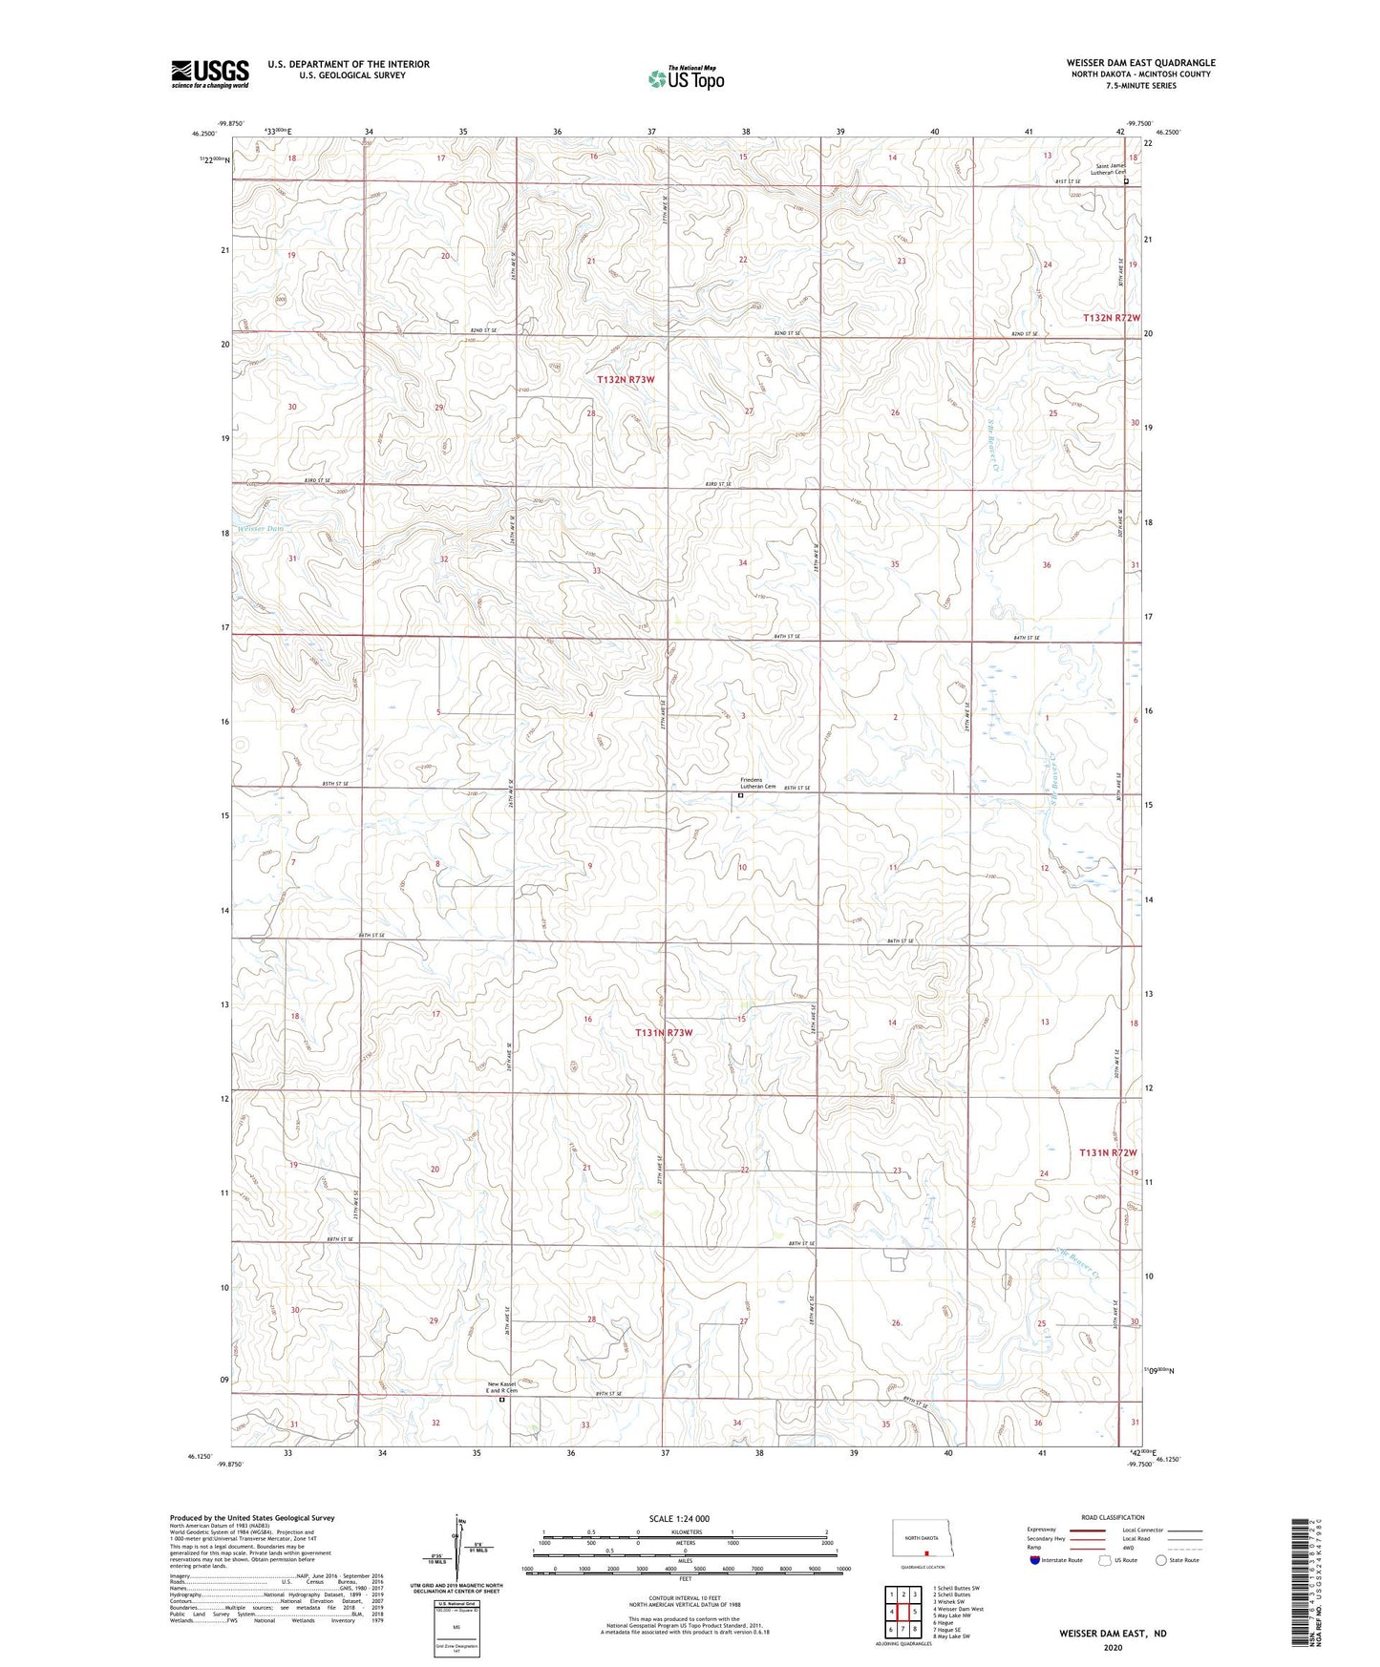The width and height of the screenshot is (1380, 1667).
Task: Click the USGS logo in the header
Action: [x=209, y=74]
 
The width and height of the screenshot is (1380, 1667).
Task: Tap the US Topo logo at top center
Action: [x=685, y=78]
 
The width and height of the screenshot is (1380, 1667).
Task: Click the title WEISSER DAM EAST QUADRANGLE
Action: [x=1140, y=63]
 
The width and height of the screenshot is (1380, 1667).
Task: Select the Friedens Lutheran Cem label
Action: [x=752, y=784]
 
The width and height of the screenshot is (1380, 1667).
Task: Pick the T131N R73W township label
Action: [x=664, y=1033]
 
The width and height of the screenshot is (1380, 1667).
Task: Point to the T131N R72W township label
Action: [x=1109, y=1153]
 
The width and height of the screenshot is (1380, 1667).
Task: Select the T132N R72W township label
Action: [x=1112, y=317]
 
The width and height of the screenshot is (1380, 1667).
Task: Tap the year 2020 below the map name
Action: [x=1113, y=1648]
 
